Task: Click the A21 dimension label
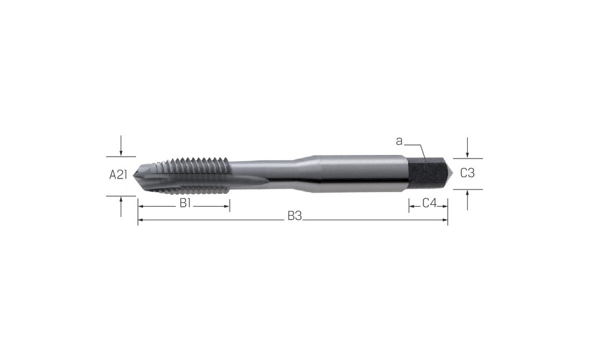[118, 175]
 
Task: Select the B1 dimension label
[186, 203]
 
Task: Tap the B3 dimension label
[295, 216]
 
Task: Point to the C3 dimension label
[467, 173]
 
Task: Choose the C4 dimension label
[429, 203]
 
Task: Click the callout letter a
[399, 141]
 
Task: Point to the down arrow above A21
[121, 146]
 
